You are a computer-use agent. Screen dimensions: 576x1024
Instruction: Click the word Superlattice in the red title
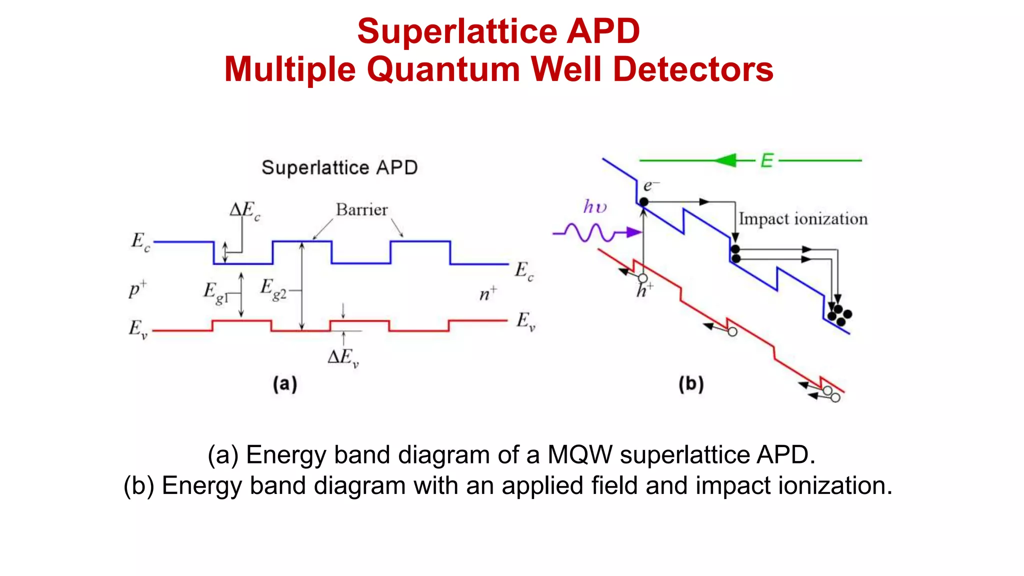457,31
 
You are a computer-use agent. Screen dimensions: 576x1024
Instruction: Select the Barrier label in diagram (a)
361,209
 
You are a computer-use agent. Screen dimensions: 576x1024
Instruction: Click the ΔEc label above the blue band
244,210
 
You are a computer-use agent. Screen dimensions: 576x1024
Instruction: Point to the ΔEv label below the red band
343,357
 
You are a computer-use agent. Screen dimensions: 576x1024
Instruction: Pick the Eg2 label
273,289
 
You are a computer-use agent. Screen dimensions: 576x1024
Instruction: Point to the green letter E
766,161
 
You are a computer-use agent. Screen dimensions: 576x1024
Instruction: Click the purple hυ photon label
594,206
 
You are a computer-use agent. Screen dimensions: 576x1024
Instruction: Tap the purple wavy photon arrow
595,232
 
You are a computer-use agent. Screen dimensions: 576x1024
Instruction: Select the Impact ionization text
803,219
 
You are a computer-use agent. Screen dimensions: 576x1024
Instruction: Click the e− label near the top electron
650,186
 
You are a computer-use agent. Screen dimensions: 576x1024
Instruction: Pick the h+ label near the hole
644,290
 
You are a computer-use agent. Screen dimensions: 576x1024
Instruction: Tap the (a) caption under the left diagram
285,384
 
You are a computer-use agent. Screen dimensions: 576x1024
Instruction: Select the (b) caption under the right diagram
691,384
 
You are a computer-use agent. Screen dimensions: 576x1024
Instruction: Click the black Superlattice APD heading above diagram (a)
339,167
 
